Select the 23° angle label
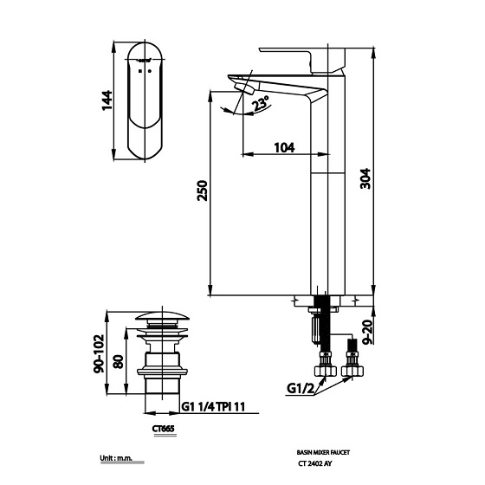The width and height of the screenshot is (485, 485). (x=259, y=106)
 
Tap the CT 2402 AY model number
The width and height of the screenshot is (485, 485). (x=317, y=465)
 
